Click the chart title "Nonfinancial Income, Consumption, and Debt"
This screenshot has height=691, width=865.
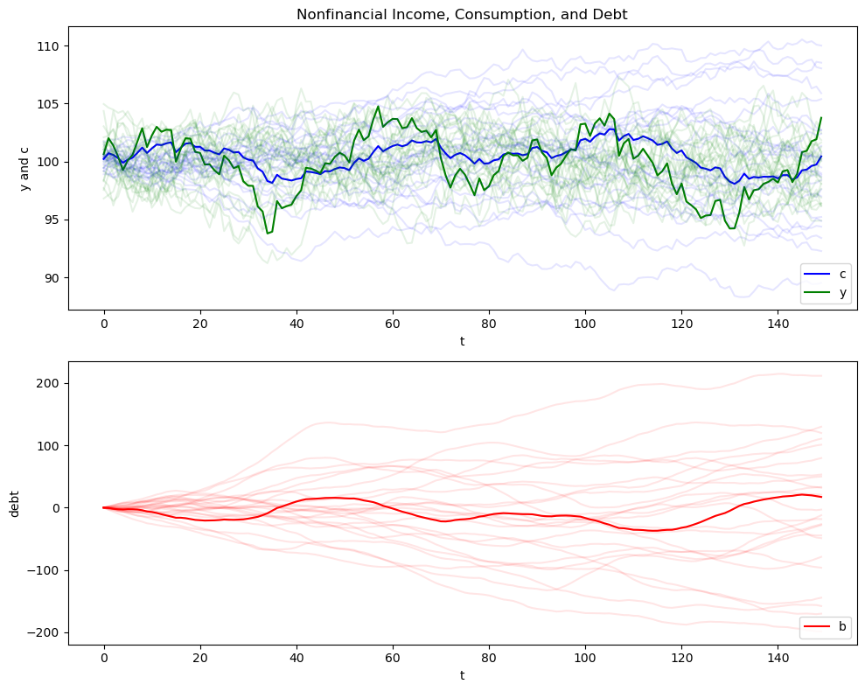point(462,14)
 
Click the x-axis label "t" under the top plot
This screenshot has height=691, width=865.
point(462,341)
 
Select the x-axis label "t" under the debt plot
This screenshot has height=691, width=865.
point(462,675)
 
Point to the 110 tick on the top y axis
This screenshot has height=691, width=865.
point(49,45)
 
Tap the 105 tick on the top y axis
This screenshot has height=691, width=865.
point(49,104)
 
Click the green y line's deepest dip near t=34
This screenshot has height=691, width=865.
point(268,234)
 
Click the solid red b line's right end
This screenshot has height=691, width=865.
point(821,497)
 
